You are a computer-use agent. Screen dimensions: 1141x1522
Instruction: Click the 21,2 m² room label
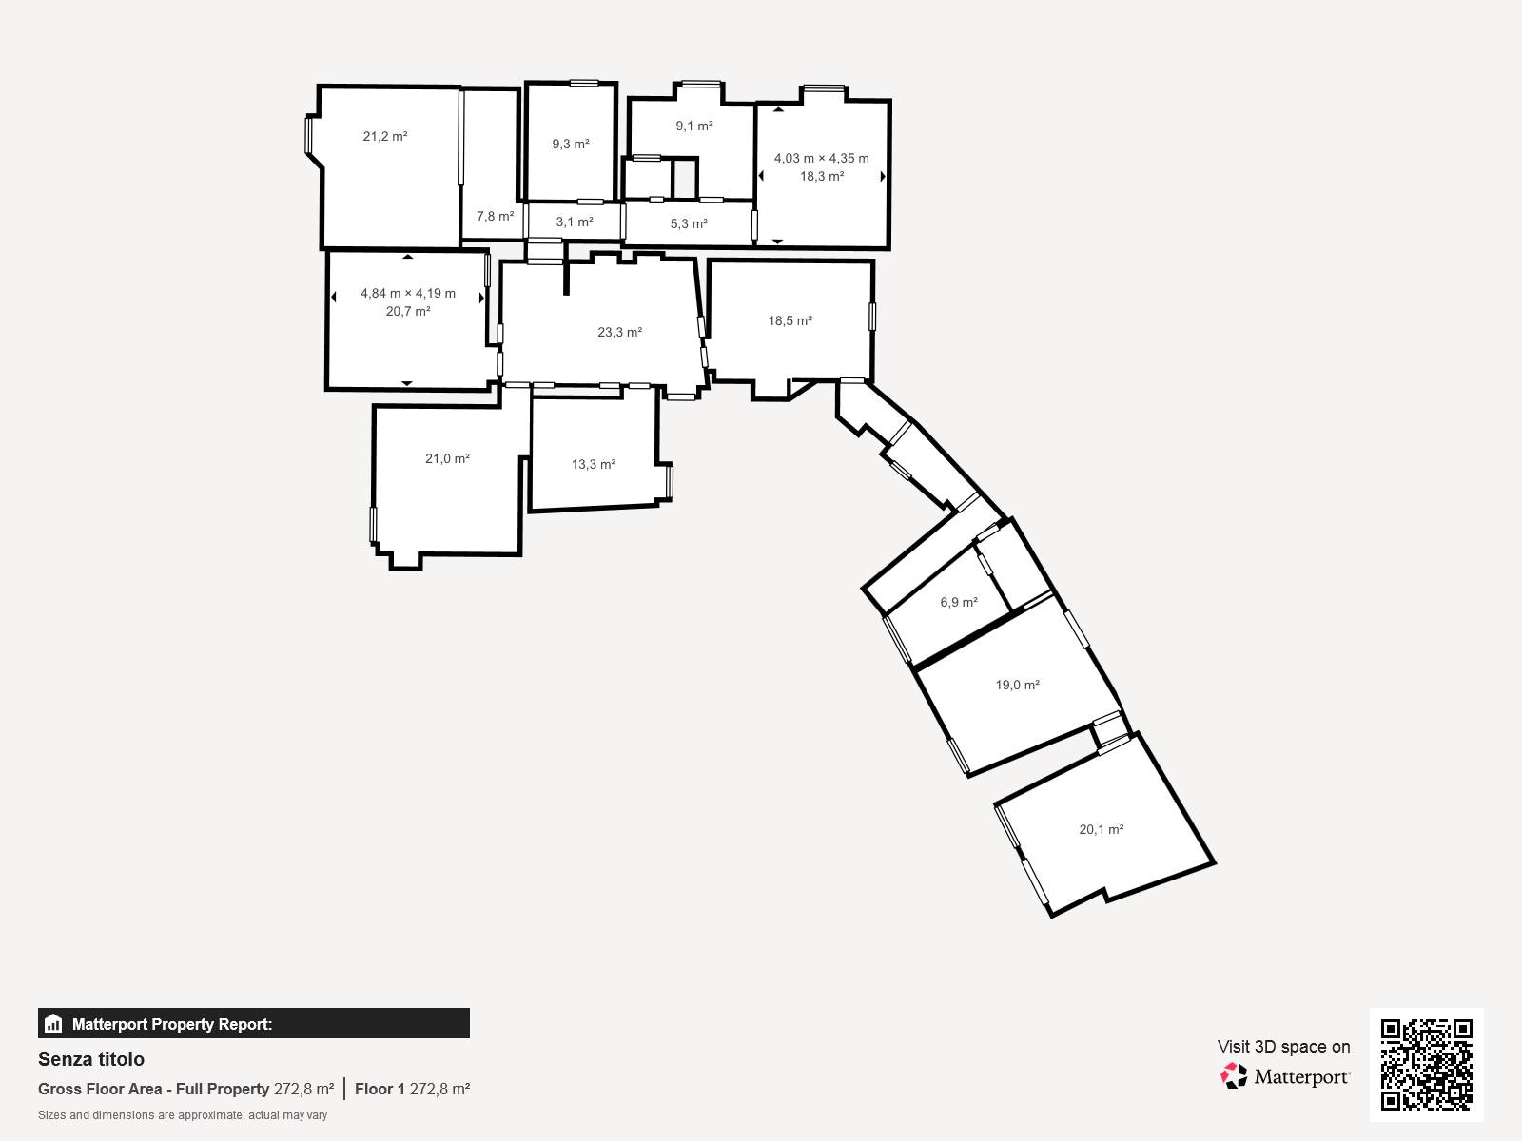385,137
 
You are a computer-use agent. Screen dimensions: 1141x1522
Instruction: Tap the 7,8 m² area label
495,217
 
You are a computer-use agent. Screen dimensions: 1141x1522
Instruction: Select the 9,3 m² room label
571,145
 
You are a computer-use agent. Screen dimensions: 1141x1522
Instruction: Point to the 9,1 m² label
694,126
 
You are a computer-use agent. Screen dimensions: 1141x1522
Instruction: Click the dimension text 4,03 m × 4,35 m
821,159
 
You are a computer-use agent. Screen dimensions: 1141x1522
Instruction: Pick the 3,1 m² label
575,222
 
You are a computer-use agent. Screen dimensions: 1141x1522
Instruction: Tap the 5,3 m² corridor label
689,224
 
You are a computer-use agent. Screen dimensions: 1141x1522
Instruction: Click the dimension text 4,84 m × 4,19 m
408,294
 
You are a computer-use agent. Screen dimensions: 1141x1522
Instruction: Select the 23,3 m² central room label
620,333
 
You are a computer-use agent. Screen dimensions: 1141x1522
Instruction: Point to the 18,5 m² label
790,321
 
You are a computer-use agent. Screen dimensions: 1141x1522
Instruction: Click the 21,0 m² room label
447,459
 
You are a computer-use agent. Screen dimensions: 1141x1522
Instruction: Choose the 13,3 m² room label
594,465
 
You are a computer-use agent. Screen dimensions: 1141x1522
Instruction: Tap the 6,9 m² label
959,603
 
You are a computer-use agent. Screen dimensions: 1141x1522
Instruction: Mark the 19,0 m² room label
1018,686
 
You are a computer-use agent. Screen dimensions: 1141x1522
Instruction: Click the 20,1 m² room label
1102,830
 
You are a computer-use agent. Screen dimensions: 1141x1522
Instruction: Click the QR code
1426,1064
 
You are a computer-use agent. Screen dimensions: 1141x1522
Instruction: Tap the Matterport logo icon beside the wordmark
1234,1076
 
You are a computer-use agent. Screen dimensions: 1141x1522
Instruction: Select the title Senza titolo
91,1059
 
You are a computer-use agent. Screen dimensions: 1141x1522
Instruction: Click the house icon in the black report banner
53,1024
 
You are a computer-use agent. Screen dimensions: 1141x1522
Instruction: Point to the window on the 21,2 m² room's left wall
308,134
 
